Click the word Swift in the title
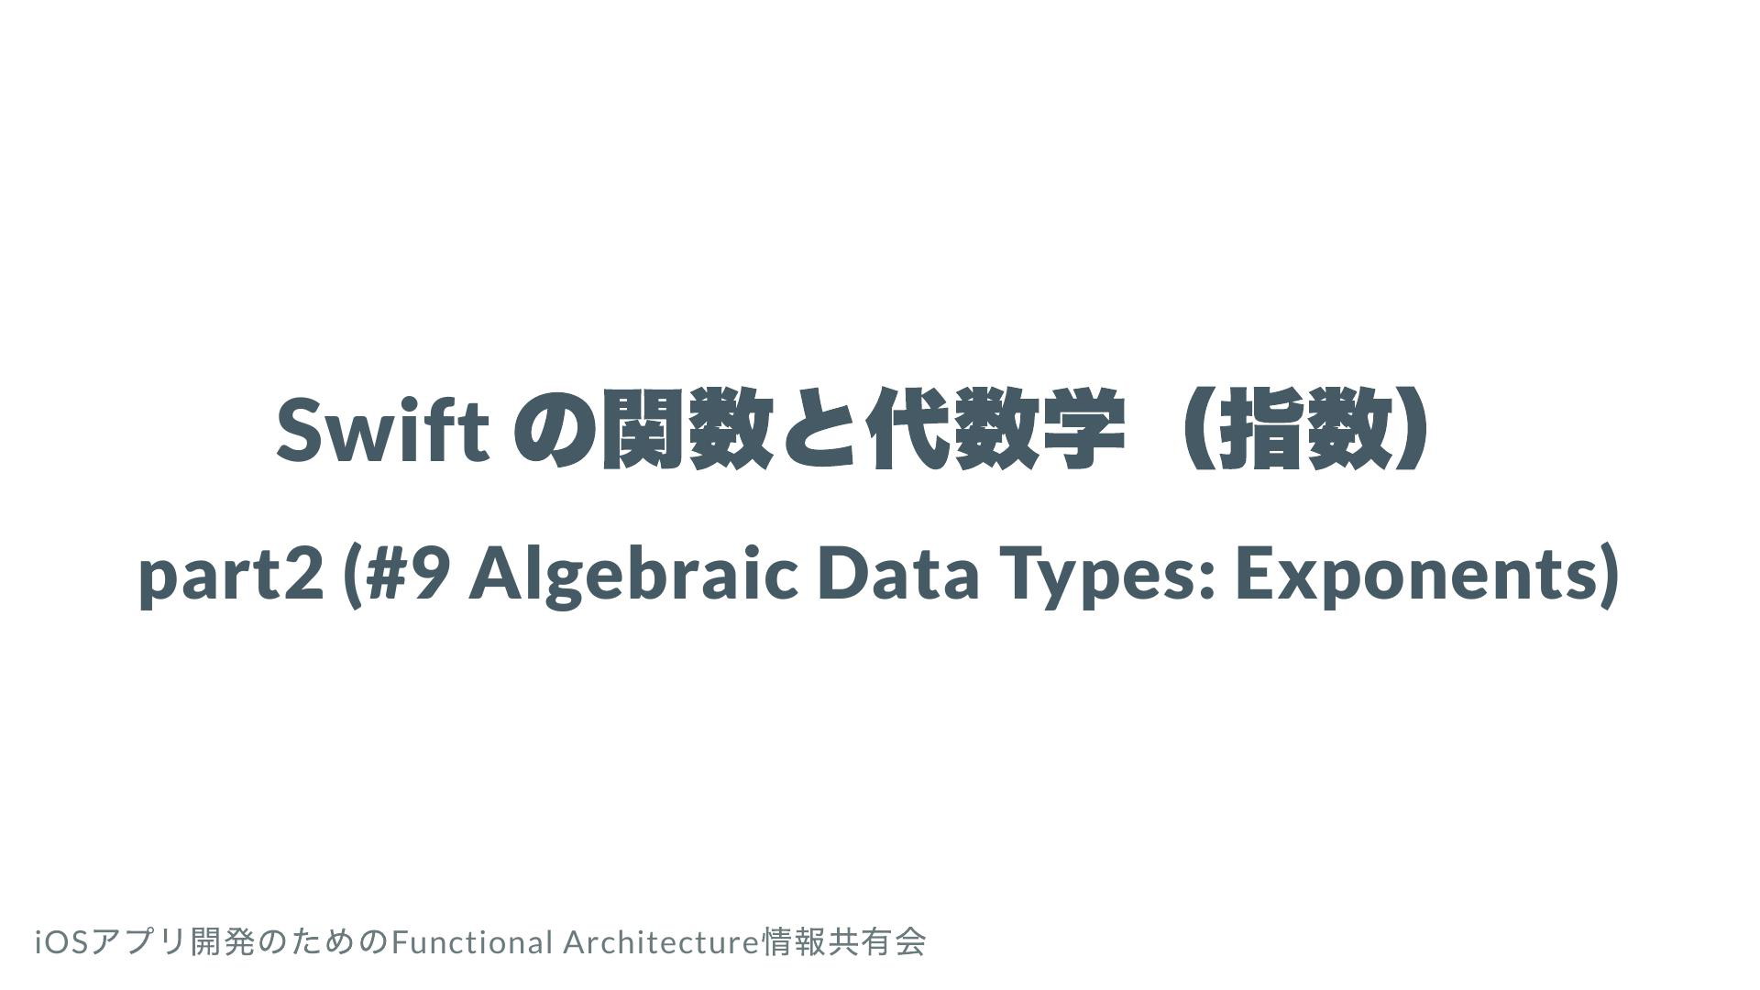[381, 428]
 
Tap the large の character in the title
[554, 430]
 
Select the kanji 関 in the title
[642, 429]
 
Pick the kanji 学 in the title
[1084, 429]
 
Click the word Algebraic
[633, 575]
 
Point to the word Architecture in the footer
[662, 942]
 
